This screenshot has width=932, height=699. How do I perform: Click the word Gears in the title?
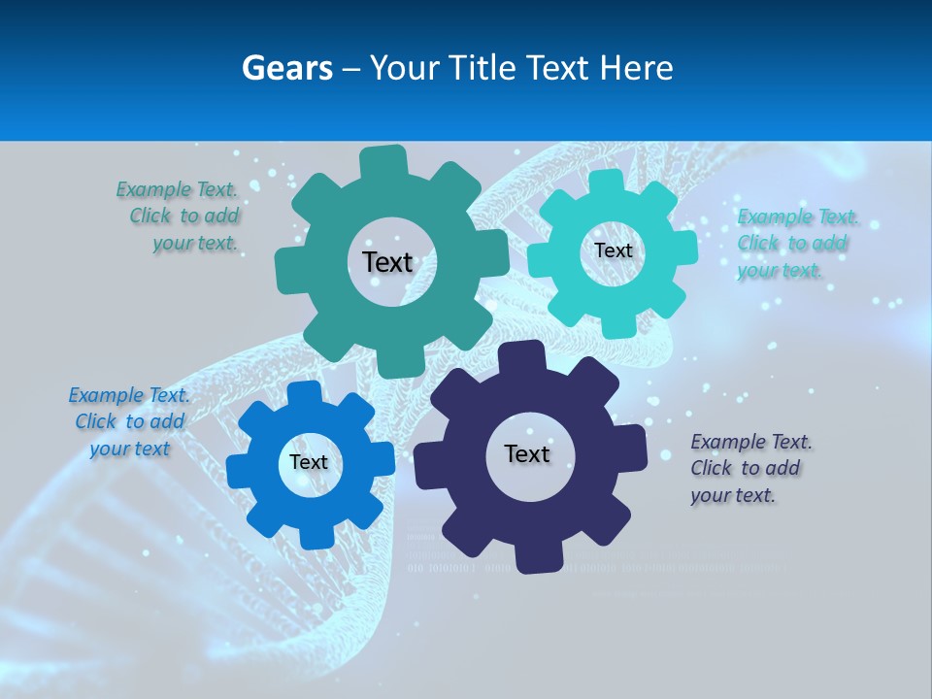(x=286, y=68)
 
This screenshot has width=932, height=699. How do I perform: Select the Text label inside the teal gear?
(x=387, y=262)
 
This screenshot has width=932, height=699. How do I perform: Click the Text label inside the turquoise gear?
(x=613, y=250)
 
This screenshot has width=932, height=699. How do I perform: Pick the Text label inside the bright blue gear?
(x=309, y=462)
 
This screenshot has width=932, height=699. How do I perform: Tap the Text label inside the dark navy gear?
(x=527, y=453)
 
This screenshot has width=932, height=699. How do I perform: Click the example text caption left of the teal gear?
(x=181, y=216)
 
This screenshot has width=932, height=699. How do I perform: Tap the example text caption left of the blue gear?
(x=130, y=422)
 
